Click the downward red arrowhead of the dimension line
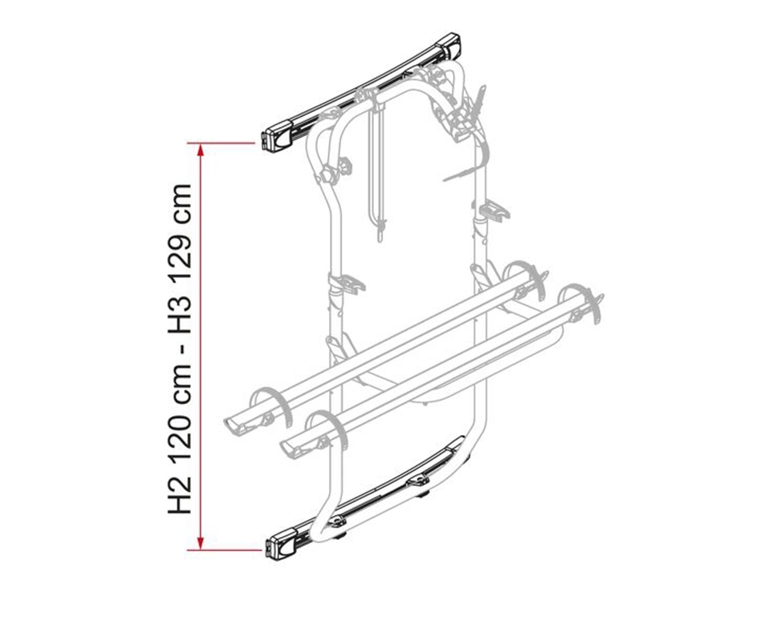(201, 544)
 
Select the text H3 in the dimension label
(180, 321)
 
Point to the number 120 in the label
(180, 440)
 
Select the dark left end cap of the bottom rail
(281, 543)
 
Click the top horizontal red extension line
(221, 144)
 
